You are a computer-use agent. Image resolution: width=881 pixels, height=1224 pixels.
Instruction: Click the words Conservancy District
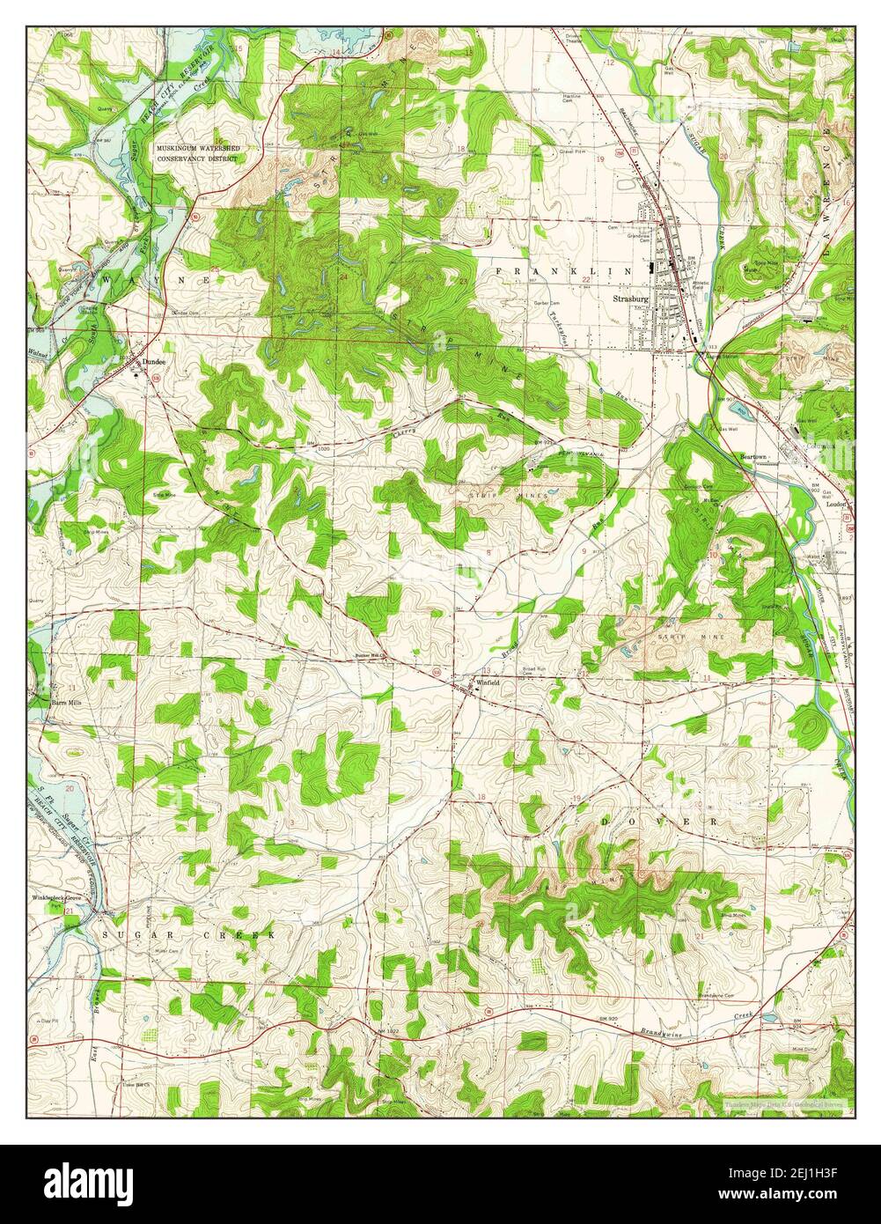pos(196,159)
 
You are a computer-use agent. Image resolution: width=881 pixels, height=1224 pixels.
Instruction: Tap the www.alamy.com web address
pos(793,1191)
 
